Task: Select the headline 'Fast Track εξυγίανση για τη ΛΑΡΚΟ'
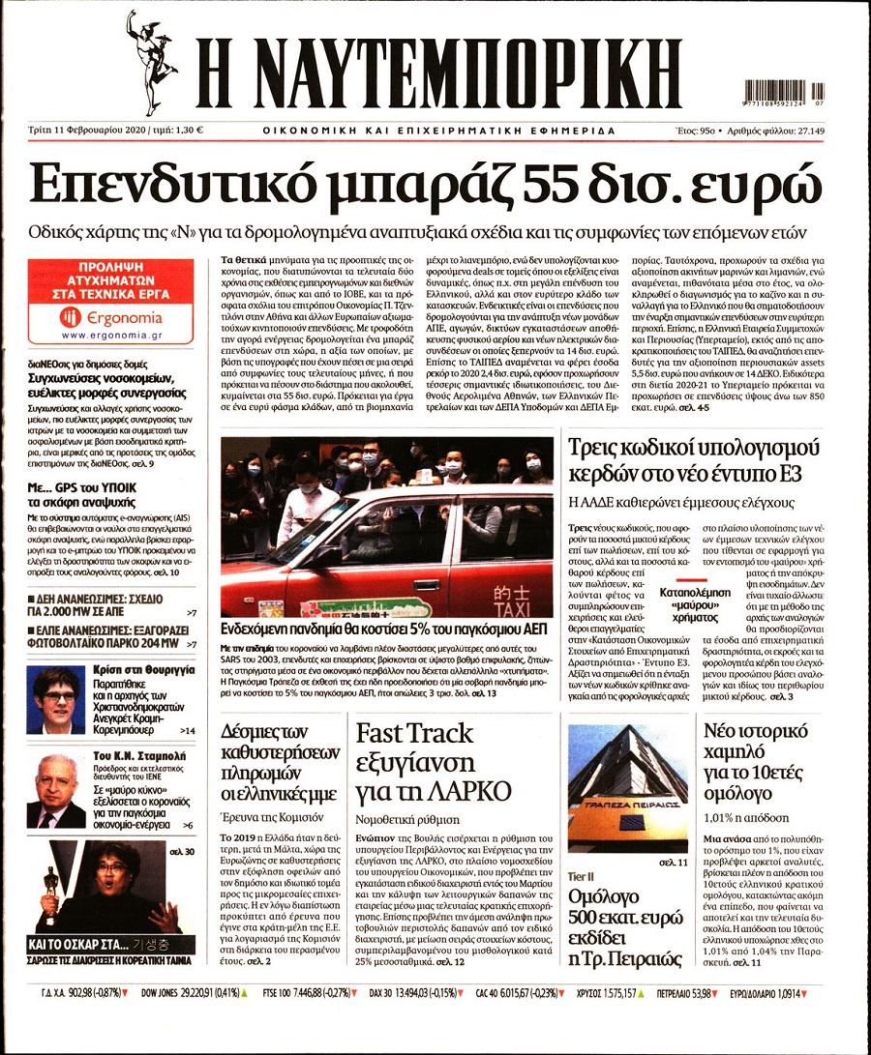434,763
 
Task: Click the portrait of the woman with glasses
55,698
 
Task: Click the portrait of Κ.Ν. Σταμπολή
55,791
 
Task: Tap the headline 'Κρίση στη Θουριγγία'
141,669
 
